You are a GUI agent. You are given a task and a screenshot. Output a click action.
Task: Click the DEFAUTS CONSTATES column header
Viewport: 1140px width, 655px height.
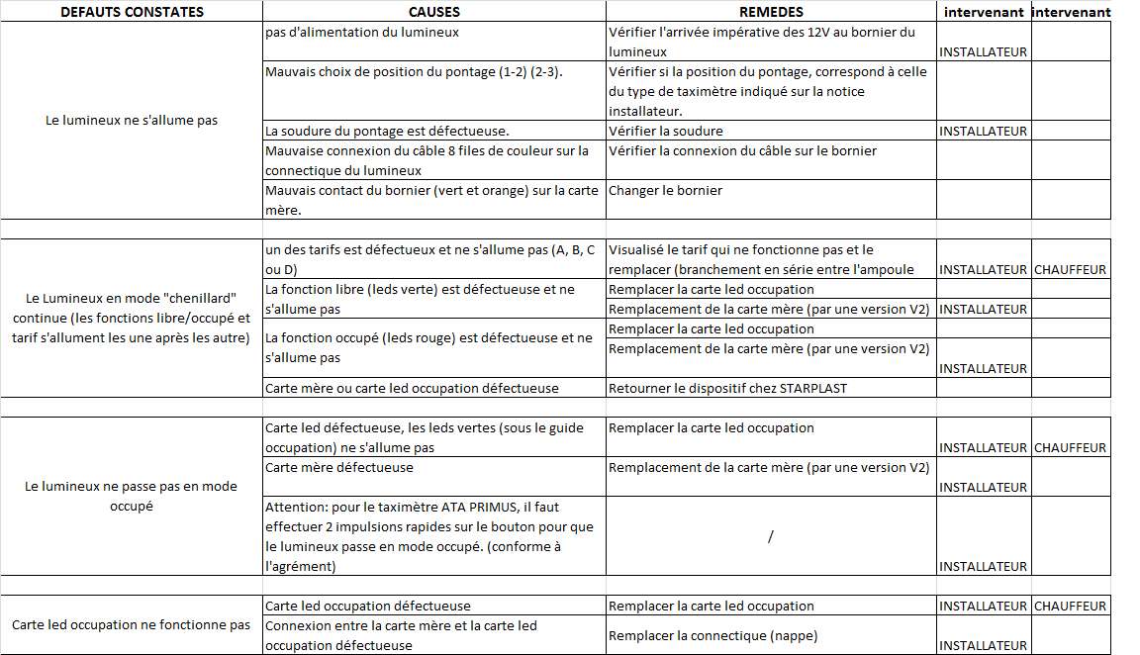tap(132, 12)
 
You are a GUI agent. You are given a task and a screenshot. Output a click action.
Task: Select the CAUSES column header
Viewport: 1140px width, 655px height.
tap(434, 12)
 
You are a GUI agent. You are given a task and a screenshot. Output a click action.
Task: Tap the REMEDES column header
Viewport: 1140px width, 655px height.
tap(771, 12)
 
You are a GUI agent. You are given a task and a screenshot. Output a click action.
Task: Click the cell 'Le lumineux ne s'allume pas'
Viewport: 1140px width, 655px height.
tap(132, 121)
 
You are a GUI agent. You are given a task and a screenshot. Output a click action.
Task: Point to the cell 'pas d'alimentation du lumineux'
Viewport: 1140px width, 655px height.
tap(362, 33)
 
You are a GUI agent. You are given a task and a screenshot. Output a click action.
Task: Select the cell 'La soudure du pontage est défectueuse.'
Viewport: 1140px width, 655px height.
tap(387, 131)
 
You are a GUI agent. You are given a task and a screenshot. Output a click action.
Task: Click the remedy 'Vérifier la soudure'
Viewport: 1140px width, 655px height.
tap(666, 131)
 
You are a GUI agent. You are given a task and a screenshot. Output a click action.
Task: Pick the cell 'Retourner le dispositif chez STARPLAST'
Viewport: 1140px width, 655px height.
tap(727, 388)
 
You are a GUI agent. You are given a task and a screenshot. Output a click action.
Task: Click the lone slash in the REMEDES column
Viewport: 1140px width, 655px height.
tap(770, 536)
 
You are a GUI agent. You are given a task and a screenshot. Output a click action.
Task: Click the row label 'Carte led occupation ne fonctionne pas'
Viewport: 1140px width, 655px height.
tap(132, 625)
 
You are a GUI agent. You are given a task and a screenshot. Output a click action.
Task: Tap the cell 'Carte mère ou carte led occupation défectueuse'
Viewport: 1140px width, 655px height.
tap(412, 388)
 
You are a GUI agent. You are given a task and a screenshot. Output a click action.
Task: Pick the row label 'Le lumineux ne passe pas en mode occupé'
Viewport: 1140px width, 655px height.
tap(132, 496)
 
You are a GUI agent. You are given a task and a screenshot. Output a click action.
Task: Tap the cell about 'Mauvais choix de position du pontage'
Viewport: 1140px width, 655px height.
tap(414, 72)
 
